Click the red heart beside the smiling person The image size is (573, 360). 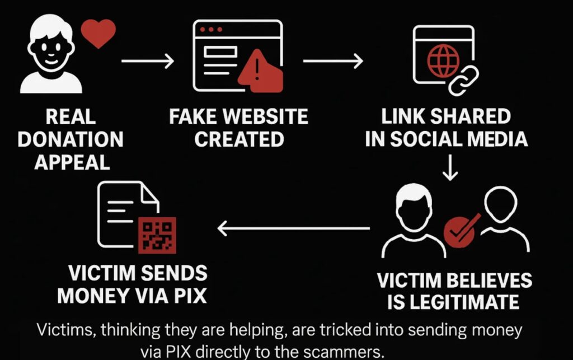point(98,33)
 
